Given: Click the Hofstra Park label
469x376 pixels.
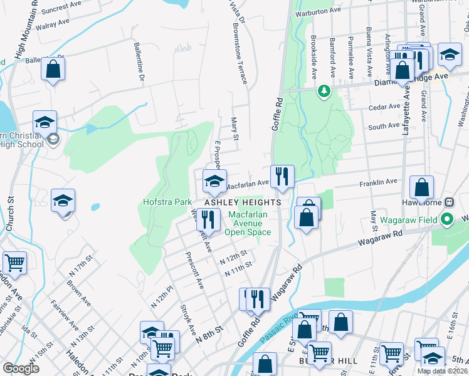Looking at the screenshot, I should (167, 202).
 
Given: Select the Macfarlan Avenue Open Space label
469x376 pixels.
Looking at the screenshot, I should (250, 223).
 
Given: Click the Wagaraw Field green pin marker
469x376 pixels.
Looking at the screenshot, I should (447, 219).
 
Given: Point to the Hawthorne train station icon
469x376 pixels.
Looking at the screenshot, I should (449, 202).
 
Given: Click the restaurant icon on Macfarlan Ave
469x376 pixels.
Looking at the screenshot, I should (282, 176).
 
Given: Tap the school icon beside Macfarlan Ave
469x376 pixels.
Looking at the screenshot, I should (214, 183).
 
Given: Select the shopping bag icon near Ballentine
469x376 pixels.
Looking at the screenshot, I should (53, 68).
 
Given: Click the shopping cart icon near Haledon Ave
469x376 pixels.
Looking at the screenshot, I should (14, 263).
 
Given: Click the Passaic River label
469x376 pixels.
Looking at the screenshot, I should (278, 326).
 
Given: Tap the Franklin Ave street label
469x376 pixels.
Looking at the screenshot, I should (378, 182).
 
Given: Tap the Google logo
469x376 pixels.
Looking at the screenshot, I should (21, 368).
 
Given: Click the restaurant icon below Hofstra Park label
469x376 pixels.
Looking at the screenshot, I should (208, 220).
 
